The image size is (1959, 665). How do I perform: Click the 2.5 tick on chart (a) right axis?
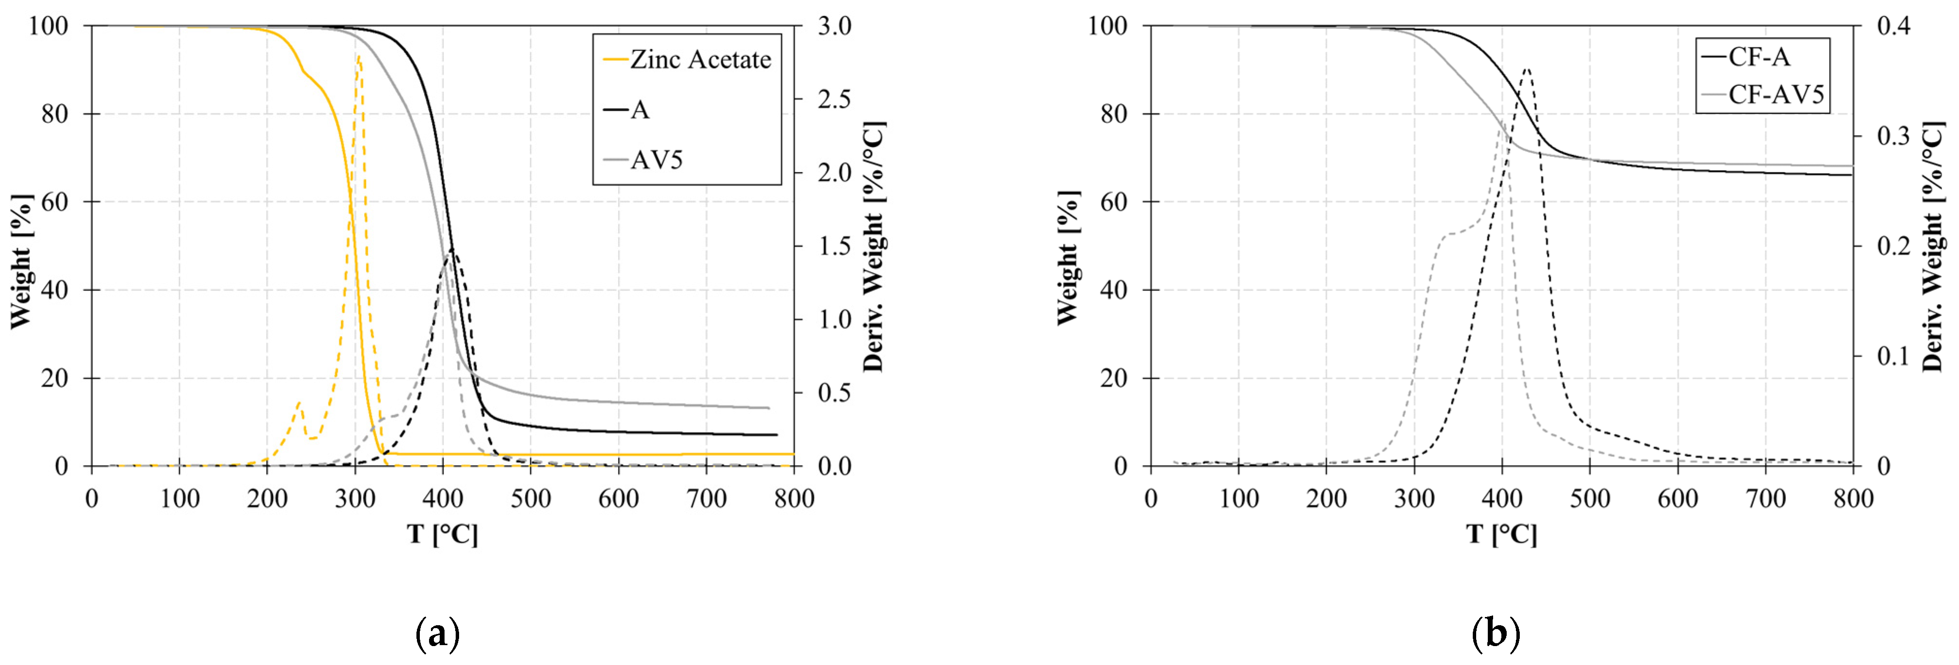coord(834,99)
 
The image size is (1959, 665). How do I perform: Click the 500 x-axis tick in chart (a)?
coord(530,499)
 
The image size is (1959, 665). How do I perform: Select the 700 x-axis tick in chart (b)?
coord(1764,499)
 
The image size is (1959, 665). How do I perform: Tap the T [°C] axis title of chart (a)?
coord(443,534)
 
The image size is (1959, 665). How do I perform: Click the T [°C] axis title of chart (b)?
coord(1501,534)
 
